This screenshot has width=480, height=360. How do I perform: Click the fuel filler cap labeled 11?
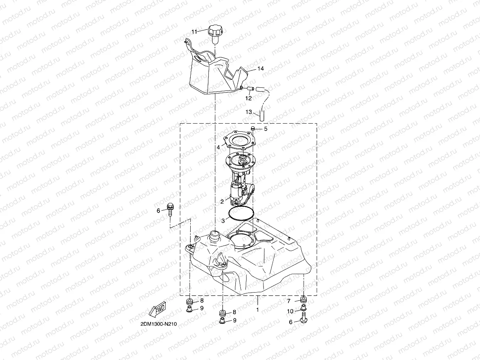(214, 32)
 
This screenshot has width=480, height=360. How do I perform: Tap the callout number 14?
(261, 69)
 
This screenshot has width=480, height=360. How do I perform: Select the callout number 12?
(248, 98)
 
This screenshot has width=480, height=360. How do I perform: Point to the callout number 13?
(248, 112)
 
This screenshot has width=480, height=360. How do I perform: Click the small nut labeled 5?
(253, 128)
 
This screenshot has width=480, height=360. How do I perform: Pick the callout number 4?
(218, 147)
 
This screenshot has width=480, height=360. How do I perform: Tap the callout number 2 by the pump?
(222, 201)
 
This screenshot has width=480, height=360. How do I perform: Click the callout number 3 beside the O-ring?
(223, 221)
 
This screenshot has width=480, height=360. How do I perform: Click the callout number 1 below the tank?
(258, 309)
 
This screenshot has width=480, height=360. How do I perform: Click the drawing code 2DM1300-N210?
(159, 324)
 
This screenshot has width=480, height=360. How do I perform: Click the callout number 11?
(194, 31)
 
